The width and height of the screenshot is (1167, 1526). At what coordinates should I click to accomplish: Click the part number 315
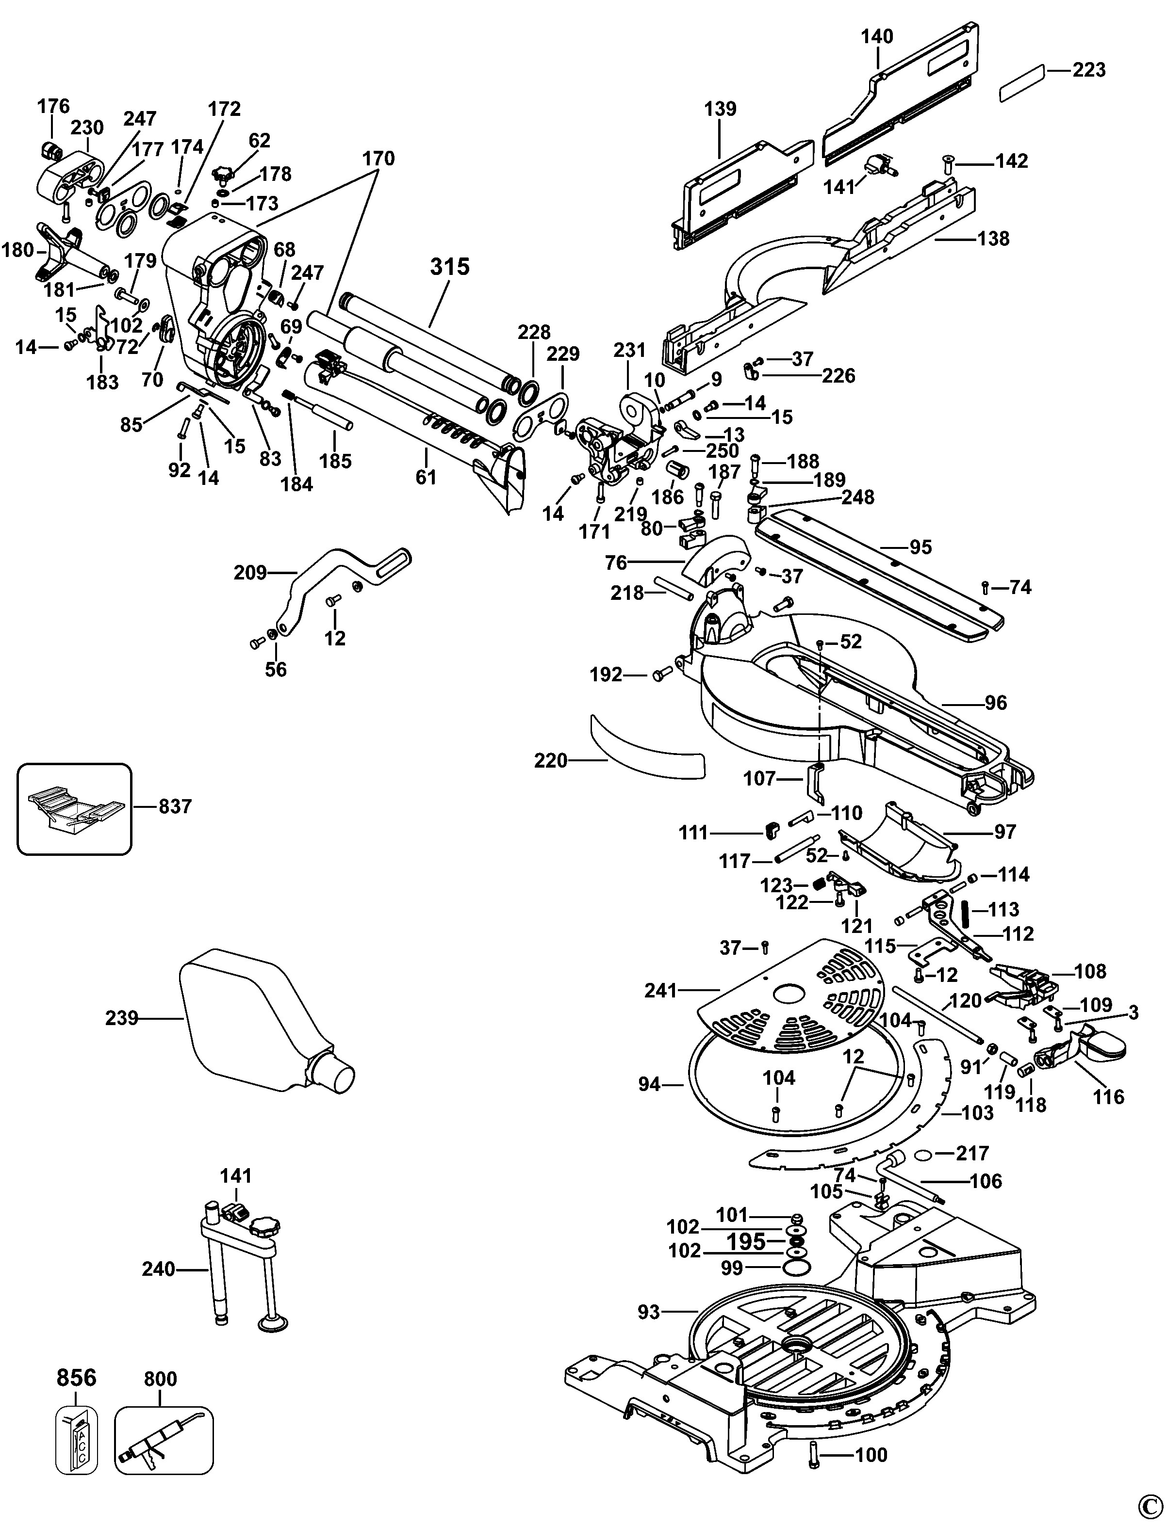tap(450, 267)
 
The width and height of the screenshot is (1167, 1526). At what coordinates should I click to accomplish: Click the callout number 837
tap(175, 807)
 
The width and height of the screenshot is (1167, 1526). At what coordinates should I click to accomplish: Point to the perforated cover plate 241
tap(792, 997)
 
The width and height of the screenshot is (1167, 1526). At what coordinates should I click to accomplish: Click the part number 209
tap(250, 573)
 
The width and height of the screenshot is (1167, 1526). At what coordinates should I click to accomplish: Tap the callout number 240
tap(158, 1269)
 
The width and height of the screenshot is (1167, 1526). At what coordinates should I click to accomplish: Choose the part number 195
tap(746, 1241)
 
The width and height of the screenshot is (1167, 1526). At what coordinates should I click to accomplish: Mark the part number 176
tap(53, 106)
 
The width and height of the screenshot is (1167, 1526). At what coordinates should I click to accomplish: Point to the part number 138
tap(993, 239)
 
